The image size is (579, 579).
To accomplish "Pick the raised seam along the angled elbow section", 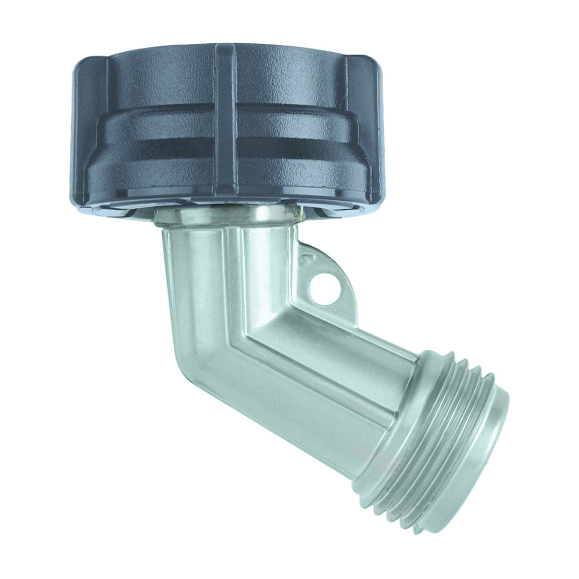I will point(309,367).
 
